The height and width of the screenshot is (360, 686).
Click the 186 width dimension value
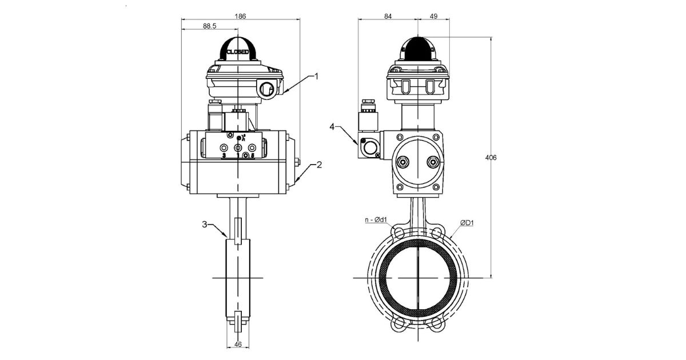[x=241, y=17]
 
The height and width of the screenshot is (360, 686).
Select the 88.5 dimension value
[x=209, y=26]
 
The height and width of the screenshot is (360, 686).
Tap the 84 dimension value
[x=388, y=17]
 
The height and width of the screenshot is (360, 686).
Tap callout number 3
[x=206, y=225]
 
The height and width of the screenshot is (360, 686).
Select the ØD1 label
[x=466, y=222]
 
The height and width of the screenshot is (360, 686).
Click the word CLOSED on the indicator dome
[x=237, y=52]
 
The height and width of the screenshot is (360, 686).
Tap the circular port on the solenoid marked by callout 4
[x=370, y=149]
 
